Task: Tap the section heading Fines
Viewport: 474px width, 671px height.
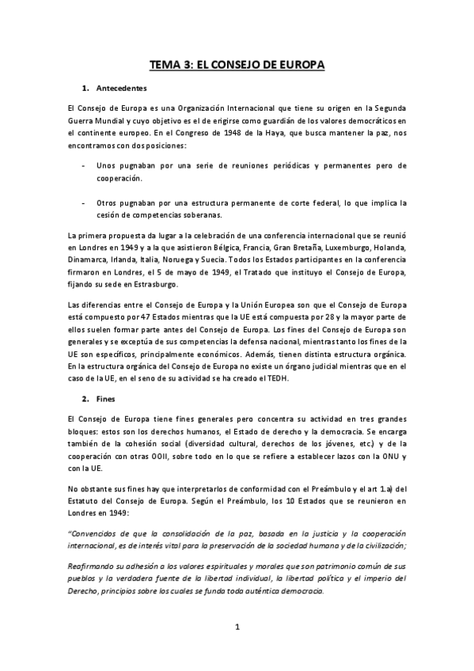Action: tap(104, 400)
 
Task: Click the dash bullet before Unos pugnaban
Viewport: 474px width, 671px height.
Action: tap(85, 166)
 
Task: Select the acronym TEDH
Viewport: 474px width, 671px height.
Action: tap(278, 378)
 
